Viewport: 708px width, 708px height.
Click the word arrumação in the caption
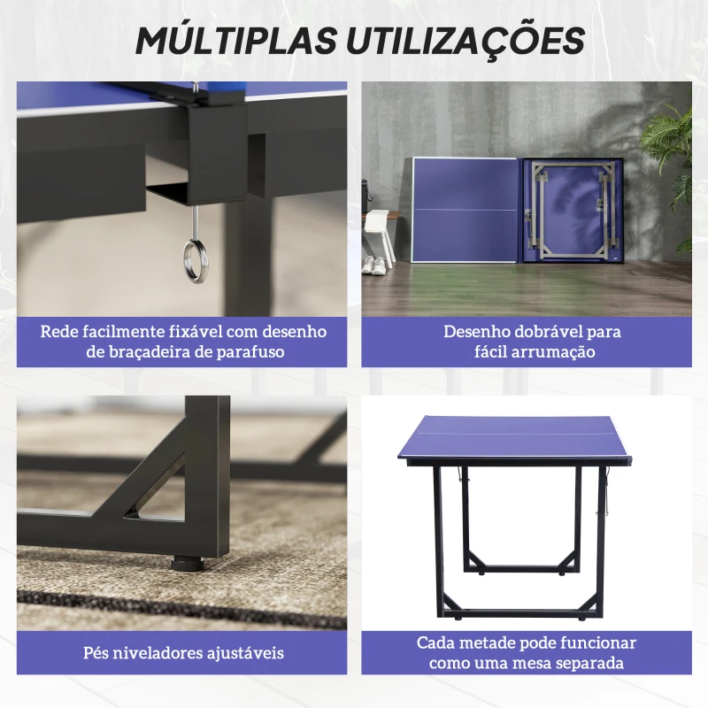tap(550, 352)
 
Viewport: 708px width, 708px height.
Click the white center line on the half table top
tap(522, 432)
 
